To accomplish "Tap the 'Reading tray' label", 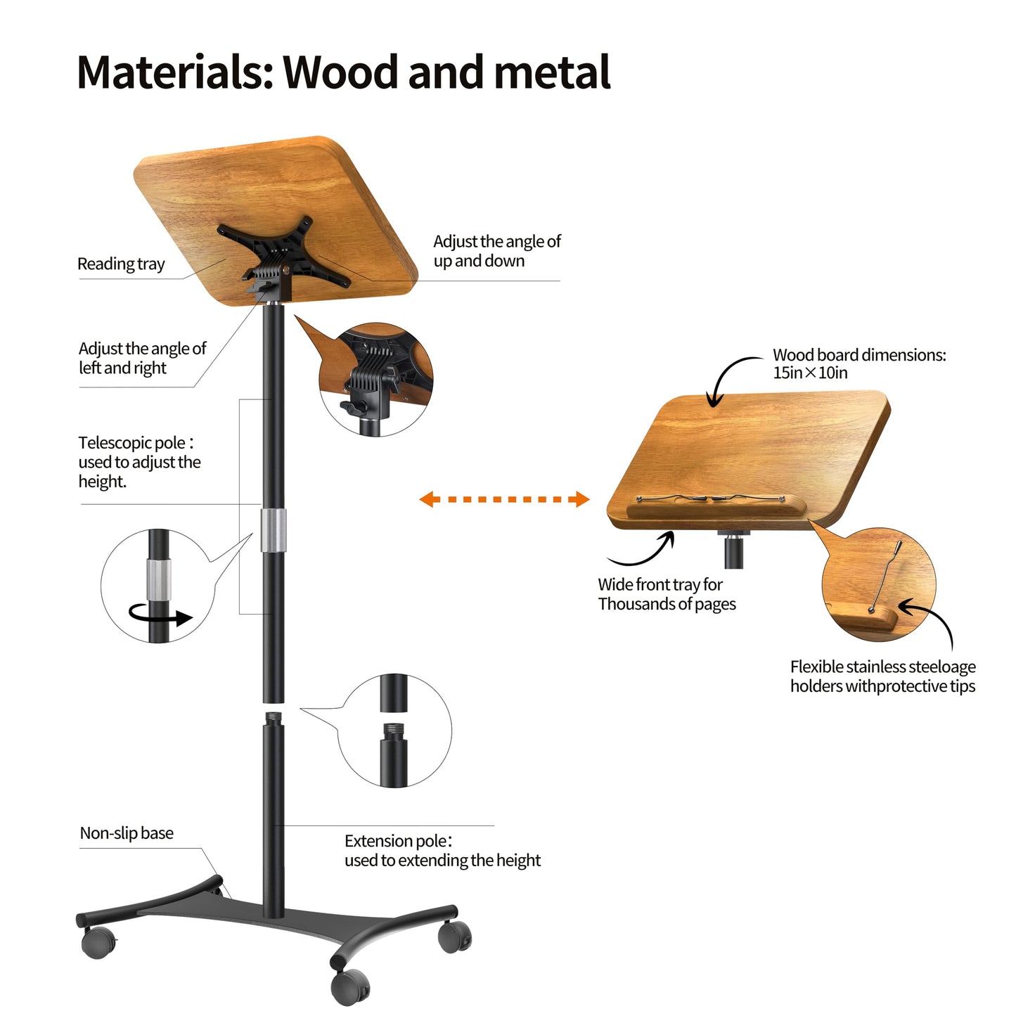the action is click(x=121, y=264).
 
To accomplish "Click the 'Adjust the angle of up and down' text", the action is click(x=496, y=251).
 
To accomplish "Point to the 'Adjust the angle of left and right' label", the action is click(x=142, y=358).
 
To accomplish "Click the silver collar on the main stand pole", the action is click(x=274, y=530).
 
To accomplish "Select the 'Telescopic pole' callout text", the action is click(x=140, y=462).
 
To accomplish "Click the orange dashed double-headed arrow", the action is click(x=504, y=499).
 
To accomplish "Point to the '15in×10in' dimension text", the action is click(x=811, y=373).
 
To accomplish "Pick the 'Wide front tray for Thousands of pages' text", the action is click(x=667, y=594).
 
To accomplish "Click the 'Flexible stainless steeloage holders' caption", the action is click(x=883, y=676).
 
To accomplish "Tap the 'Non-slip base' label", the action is click(x=127, y=833).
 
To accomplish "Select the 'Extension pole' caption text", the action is click(x=443, y=851).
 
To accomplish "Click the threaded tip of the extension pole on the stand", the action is click(x=273, y=719).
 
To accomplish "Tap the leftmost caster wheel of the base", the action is click(x=98, y=943).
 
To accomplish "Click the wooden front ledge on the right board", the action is click(x=716, y=509).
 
